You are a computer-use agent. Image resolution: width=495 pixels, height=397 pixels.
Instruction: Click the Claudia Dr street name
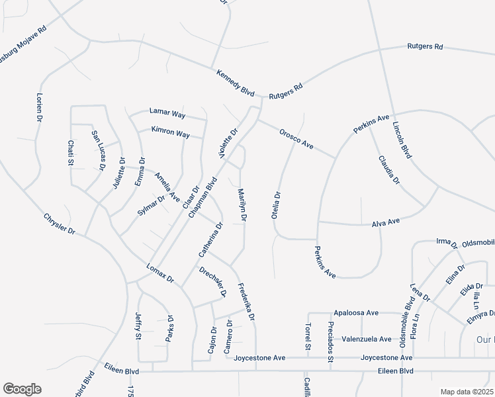[389, 170]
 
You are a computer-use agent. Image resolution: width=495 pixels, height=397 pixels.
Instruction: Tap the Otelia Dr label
[277, 205]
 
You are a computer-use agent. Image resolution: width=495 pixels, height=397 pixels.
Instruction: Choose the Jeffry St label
[138, 326]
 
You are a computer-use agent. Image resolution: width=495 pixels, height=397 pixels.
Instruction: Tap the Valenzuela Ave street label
[367, 339]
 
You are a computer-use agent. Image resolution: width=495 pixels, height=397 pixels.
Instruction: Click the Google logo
[22, 389]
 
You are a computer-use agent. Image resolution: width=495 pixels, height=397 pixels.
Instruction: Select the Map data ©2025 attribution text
[467, 392]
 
